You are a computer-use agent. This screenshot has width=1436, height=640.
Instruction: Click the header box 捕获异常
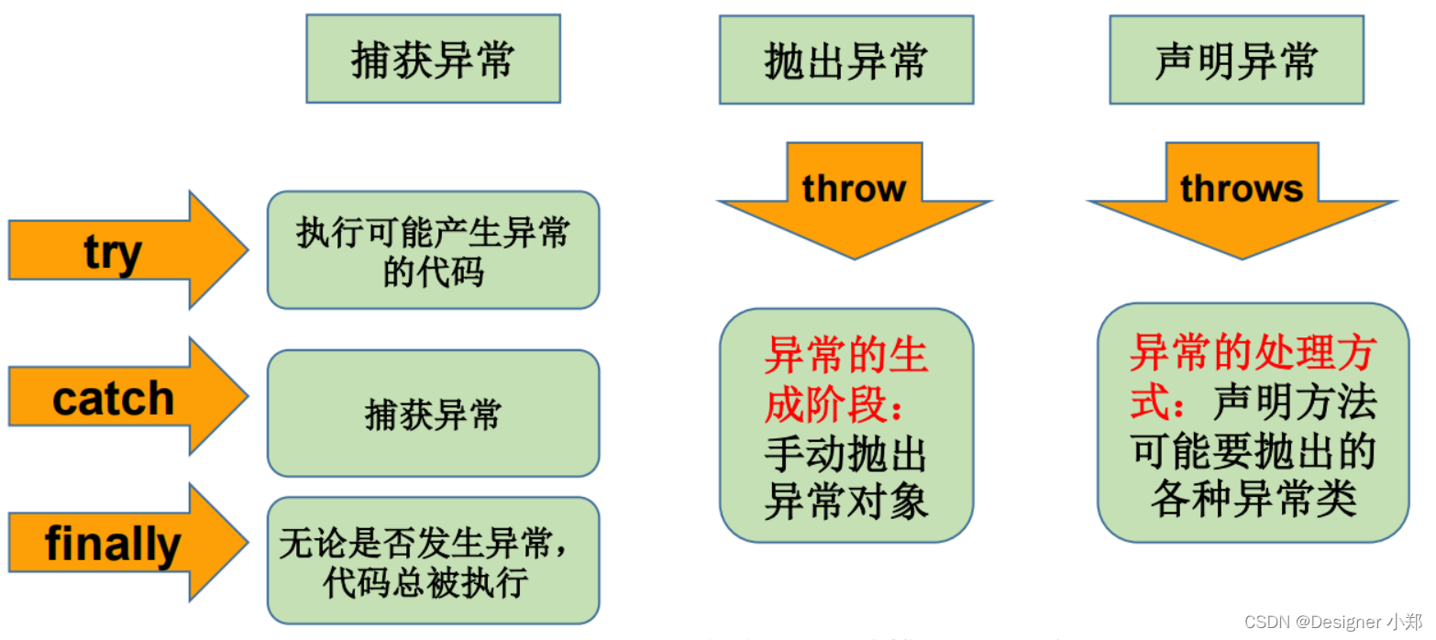(433, 60)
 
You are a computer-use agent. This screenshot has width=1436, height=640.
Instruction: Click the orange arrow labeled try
(119, 250)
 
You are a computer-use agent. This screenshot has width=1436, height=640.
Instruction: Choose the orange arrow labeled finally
(119, 544)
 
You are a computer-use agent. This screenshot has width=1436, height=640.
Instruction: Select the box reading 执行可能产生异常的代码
(433, 249)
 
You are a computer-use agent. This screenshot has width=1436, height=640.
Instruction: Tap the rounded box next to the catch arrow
(433, 414)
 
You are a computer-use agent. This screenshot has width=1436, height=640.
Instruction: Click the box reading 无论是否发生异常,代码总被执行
(433, 560)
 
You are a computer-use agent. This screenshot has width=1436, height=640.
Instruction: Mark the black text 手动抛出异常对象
(845, 478)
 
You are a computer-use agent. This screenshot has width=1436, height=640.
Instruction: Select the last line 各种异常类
(1254, 500)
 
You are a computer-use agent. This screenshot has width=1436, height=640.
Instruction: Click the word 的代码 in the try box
(433, 272)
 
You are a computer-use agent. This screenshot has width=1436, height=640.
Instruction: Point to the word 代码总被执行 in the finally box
(425, 584)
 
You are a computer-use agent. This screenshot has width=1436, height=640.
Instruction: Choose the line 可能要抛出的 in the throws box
(1254, 451)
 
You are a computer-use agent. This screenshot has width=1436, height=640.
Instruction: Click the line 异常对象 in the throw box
(845, 502)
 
